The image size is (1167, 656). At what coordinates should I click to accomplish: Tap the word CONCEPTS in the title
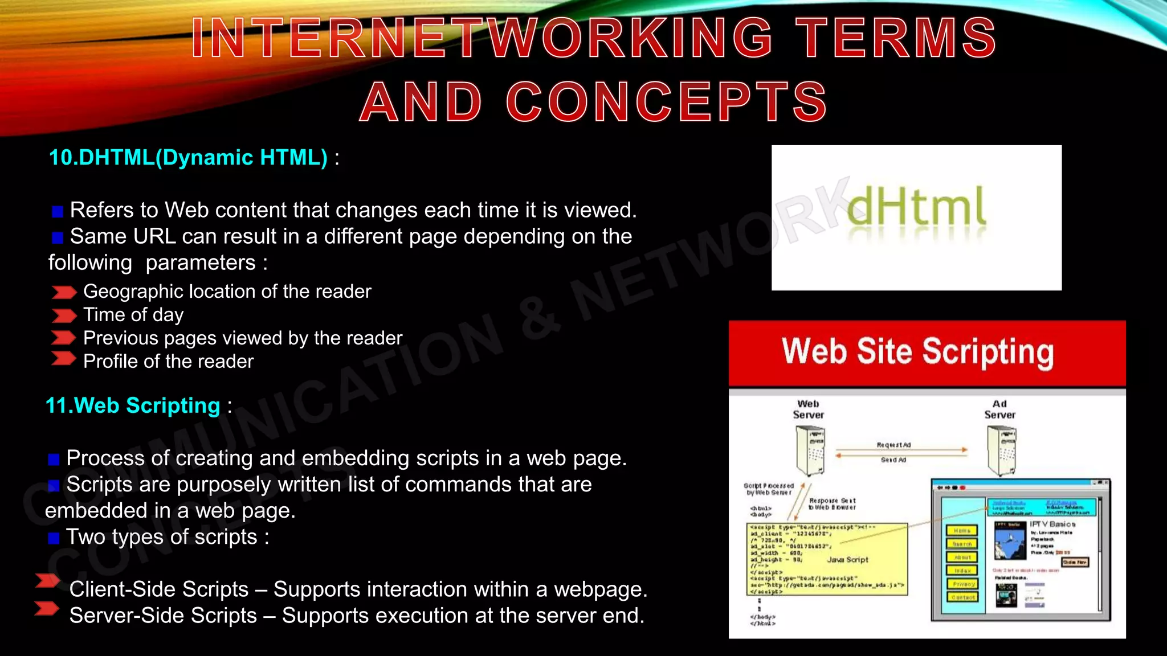(666, 102)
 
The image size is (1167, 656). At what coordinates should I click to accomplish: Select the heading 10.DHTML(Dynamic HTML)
(188, 158)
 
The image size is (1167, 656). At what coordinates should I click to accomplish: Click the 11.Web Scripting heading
(133, 405)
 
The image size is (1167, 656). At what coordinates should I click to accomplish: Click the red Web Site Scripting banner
(927, 352)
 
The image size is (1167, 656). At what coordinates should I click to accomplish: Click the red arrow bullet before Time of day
(64, 315)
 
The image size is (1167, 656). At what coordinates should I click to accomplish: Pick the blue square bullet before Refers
(57, 212)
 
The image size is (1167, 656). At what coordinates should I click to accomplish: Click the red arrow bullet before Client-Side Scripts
(47, 581)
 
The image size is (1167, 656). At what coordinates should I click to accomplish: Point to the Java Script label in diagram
(847, 560)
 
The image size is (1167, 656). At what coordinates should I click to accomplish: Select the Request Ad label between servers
(893, 445)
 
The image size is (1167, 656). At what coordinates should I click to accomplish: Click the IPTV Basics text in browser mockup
(1052, 524)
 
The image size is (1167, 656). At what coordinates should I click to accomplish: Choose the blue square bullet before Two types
(54, 538)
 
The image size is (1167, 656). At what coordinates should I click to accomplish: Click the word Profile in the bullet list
(111, 362)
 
